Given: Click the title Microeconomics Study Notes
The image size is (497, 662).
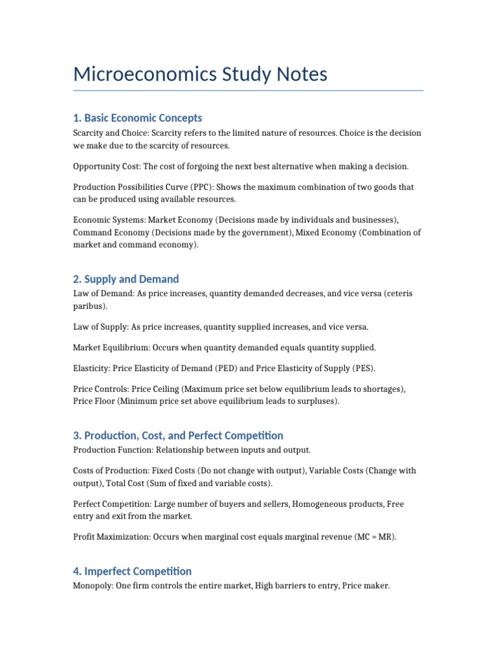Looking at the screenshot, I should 200,74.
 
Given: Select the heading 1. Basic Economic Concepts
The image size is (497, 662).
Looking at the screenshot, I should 137,118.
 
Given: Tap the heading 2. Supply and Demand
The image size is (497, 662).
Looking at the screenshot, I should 126,279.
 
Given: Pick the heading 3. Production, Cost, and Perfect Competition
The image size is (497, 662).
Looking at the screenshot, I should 178,435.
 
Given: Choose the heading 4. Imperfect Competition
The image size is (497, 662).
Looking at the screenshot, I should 132,571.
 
